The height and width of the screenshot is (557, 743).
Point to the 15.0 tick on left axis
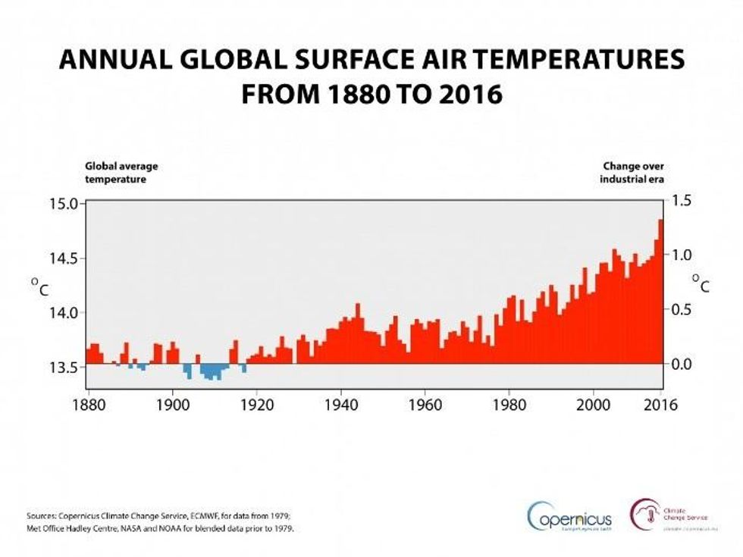(64, 203)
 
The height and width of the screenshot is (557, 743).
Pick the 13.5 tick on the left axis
(64, 368)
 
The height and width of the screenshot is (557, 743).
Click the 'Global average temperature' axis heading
(121, 173)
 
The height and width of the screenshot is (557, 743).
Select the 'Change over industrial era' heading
(633, 173)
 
